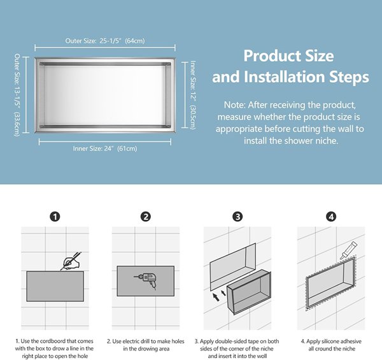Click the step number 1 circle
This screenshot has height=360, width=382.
(x=55, y=217)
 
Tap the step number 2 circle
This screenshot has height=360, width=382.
(x=146, y=217)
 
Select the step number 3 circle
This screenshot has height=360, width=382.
(x=237, y=217)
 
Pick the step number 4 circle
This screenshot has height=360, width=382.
(x=331, y=217)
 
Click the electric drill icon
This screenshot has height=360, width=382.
(x=146, y=281)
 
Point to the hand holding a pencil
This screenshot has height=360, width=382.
(x=71, y=261)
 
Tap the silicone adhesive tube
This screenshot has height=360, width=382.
(x=349, y=250)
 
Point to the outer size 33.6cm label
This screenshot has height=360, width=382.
(x=17, y=124)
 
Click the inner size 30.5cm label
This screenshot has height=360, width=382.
(x=193, y=117)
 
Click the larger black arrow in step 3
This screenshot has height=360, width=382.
(x=216, y=297)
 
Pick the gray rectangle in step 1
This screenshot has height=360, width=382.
(x=55, y=286)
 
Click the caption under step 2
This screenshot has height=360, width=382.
(x=146, y=345)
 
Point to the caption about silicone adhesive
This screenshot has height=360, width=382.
(x=331, y=345)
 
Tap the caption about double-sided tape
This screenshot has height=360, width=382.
(x=237, y=349)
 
